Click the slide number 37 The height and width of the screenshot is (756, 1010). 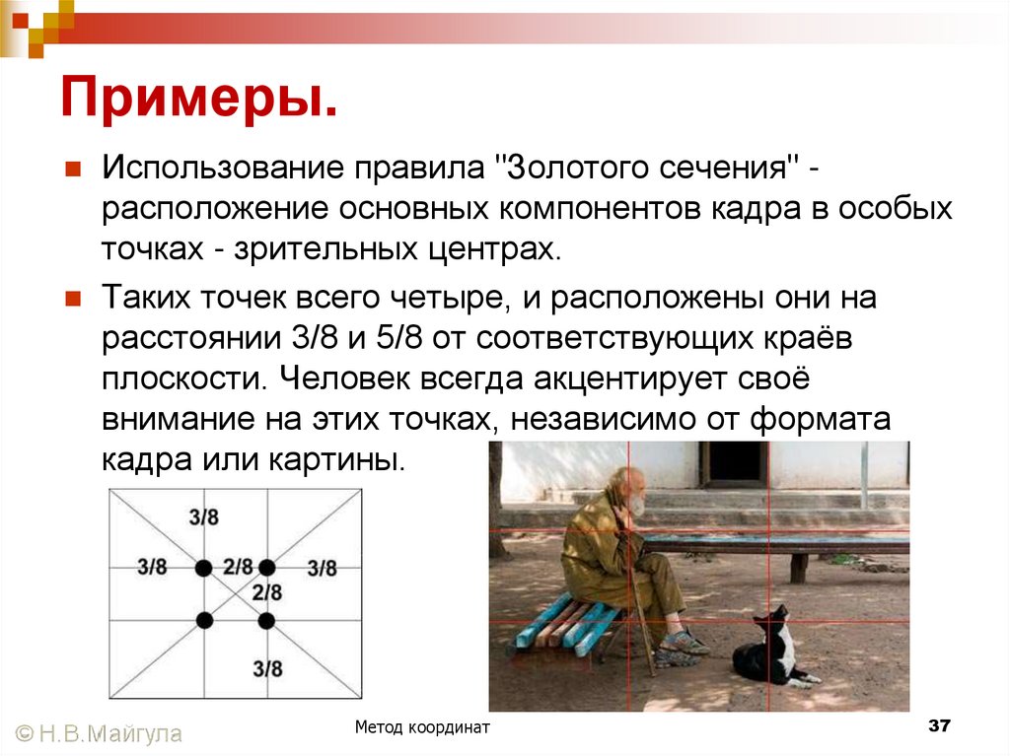pos(938,726)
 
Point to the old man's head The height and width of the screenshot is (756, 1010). pos(626,490)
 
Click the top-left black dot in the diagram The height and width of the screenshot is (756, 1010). pos(203,568)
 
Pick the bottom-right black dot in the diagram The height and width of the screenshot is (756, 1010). pos(266,621)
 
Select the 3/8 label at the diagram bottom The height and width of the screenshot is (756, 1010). pos(266,668)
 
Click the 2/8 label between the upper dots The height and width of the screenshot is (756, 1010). pos(237,567)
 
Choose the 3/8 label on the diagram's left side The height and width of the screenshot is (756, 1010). pos(152,568)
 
